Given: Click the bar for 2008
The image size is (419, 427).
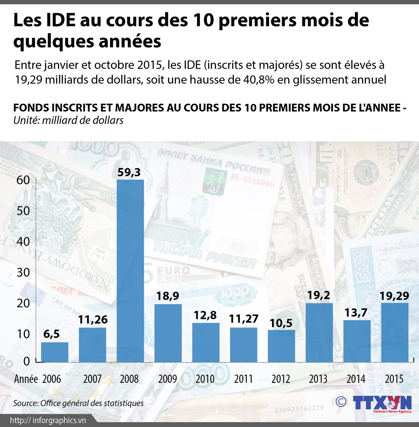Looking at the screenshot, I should [x=130, y=271].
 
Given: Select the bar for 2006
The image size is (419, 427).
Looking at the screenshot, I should [x=55, y=352].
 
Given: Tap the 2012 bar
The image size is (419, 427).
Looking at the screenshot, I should [x=281, y=346].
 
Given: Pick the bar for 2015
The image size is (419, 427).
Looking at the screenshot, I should [x=395, y=332].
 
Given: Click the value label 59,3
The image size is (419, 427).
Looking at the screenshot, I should [x=129, y=173].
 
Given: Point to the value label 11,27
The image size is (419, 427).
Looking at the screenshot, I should [x=244, y=319].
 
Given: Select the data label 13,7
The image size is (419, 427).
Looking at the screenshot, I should [x=356, y=313].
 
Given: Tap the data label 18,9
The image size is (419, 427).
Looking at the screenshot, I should [x=168, y=296].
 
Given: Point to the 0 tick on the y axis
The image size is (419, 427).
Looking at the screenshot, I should [x=26, y=361].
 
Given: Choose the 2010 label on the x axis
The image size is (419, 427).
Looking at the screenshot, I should [x=205, y=379].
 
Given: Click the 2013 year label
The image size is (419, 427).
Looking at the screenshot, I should [x=318, y=379].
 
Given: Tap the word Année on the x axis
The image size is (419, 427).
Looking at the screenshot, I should [x=26, y=379].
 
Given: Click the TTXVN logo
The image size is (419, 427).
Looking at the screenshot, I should [x=382, y=403].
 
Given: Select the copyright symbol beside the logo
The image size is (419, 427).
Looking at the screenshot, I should [x=341, y=402].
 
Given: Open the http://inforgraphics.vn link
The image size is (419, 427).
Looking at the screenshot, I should [x=48, y=420].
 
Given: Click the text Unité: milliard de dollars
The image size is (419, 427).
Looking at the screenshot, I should [x=68, y=120].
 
